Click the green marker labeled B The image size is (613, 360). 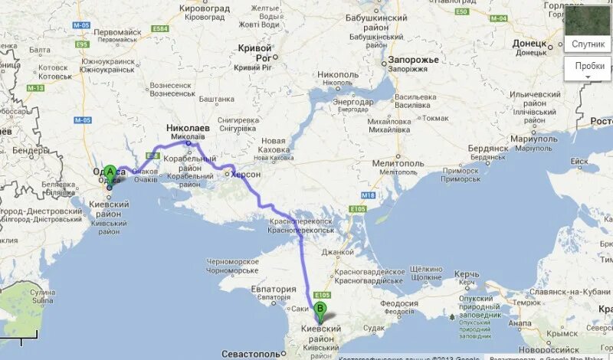pyautogui.click(x=321, y=311)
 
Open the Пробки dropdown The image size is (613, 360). pyautogui.click(x=589, y=67)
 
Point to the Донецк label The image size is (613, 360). pyautogui.click(x=528, y=44)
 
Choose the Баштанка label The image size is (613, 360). pyautogui.click(x=217, y=99)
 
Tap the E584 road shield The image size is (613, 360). pyautogui.click(x=159, y=28)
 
